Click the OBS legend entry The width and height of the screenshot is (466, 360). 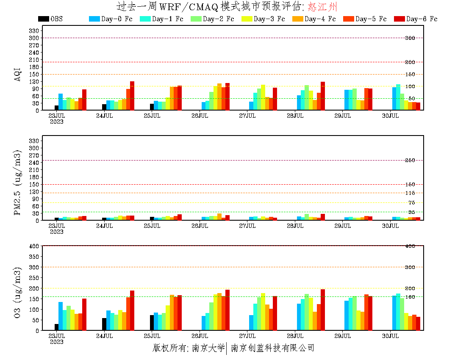50,19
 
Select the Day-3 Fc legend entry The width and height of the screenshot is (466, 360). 263,19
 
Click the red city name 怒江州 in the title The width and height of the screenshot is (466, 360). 323,7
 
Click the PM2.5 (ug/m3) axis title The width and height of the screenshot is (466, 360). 18,183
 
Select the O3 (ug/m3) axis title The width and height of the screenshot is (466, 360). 18,292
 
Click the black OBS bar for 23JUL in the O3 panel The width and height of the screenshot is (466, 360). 56,327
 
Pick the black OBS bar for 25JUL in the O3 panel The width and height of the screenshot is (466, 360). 152,323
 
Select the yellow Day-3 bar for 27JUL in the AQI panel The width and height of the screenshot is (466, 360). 263,97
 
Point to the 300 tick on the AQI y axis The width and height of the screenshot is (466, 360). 34,38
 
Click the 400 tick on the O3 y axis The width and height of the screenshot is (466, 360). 34,246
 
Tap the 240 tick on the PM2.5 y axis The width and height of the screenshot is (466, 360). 34,162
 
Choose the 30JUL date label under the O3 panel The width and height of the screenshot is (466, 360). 391,336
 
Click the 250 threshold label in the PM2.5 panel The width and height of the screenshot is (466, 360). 410,160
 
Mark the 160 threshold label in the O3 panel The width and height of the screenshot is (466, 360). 410,296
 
